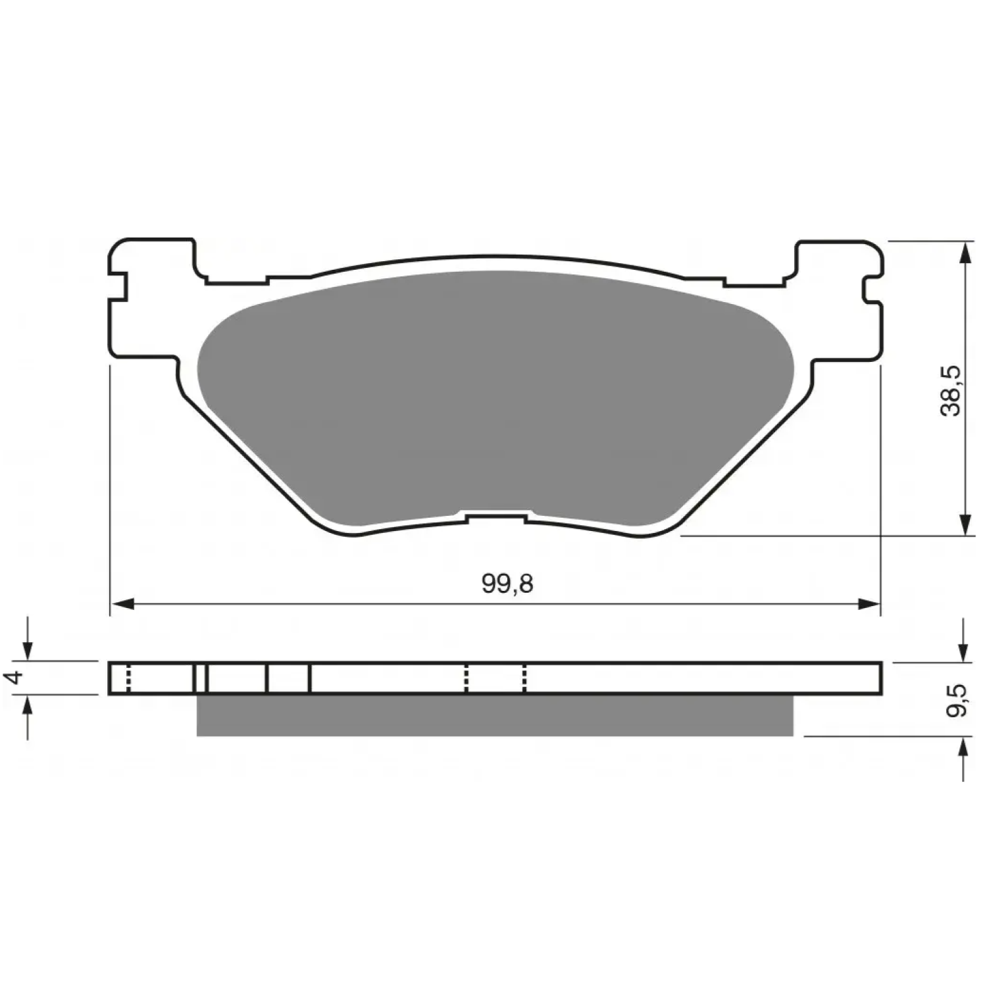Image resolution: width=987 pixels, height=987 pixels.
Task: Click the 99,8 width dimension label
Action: [507, 583]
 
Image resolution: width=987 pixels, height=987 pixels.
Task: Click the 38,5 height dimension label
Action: [951, 391]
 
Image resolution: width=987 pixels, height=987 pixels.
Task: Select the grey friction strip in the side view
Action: [495, 715]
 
